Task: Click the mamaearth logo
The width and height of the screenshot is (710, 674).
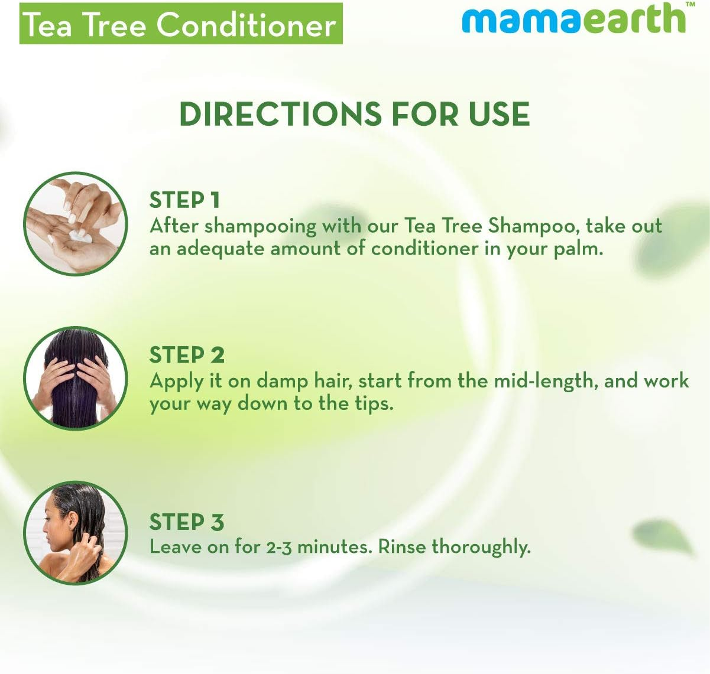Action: (x=573, y=19)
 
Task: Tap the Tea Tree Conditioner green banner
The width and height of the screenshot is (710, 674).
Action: (x=181, y=24)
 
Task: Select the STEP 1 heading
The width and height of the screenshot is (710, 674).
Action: (x=184, y=200)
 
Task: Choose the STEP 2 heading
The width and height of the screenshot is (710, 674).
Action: (x=187, y=355)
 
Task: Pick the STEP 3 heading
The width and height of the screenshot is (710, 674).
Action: (x=187, y=522)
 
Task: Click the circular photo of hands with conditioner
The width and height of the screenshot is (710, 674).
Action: (x=76, y=223)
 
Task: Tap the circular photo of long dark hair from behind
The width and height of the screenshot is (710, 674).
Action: (x=76, y=379)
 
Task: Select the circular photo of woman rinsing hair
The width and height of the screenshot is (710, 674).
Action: (x=76, y=533)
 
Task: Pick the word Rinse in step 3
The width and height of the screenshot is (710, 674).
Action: (x=402, y=547)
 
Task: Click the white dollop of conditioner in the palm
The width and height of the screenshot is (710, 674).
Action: (x=80, y=236)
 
